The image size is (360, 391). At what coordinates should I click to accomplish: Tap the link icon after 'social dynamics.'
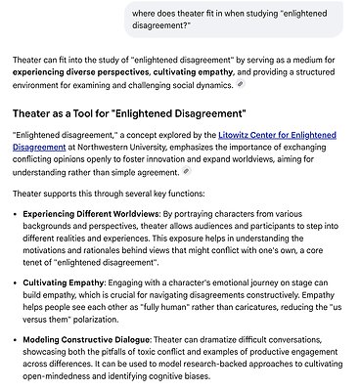click(241, 86)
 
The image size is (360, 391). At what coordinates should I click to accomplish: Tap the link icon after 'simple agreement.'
click(186, 171)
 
